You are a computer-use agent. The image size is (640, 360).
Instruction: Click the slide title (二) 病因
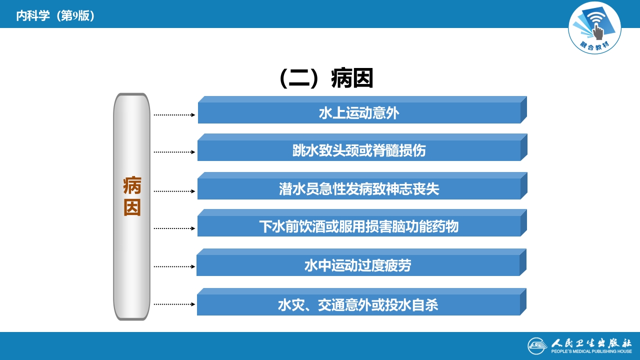coord(326,78)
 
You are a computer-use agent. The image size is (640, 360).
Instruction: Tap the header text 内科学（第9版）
coord(55,16)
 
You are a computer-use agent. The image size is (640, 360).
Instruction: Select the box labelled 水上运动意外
coord(359,113)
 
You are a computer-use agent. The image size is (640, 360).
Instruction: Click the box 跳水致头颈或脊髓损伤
coord(359,150)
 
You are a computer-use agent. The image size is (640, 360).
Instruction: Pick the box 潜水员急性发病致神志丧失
coord(359,189)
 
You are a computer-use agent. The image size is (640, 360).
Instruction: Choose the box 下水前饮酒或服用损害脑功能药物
coord(359,226)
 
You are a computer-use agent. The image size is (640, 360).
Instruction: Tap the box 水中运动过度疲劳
coord(358,265)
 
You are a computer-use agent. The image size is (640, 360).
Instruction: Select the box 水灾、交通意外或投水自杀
coord(358,304)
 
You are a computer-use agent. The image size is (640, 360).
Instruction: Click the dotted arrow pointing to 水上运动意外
coord(174,115)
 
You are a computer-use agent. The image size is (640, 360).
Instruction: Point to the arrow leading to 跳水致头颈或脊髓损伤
coord(174,152)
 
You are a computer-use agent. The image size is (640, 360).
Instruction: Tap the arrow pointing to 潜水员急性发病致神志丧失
coord(174,191)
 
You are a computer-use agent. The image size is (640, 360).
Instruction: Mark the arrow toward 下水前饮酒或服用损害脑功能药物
coord(174,228)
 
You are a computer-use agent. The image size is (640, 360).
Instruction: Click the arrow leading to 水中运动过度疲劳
coord(174,266)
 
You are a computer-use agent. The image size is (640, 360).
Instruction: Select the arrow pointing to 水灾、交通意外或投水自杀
coord(174,304)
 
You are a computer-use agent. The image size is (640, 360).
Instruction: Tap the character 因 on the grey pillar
coord(132,207)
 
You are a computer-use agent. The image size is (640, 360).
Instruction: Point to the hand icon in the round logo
coord(598,31)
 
